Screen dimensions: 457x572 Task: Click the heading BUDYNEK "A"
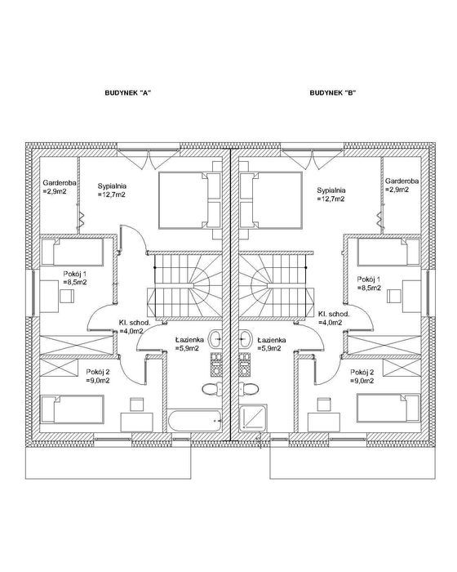pos(127,92)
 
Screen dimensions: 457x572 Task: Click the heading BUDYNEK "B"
pos(332,92)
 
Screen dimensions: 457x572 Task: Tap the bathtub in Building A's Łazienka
pos(194,422)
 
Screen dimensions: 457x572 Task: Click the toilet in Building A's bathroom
pos(212,388)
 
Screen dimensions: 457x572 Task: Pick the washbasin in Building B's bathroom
pos(246,339)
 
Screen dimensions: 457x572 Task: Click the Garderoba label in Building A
pos(60,183)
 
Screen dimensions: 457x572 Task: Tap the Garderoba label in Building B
pos(402,181)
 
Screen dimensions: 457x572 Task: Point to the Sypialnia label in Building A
pos(112,186)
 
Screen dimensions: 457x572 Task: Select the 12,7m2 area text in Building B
pos(331,199)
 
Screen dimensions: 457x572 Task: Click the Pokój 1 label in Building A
pos(75,274)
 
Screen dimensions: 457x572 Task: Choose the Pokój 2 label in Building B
pos(362,372)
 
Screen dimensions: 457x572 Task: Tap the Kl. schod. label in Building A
pos(135,323)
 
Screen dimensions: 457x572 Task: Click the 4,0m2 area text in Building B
pos(330,323)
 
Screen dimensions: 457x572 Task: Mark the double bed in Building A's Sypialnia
pos(189,200)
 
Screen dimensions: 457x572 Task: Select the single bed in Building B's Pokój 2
pos(388,408)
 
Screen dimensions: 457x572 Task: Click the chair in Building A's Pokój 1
pos(67,296)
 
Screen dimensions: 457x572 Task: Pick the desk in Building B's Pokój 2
pos(324,422)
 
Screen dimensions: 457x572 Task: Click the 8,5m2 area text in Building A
pos(75,282)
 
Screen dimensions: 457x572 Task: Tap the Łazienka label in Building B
pos(272,340)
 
